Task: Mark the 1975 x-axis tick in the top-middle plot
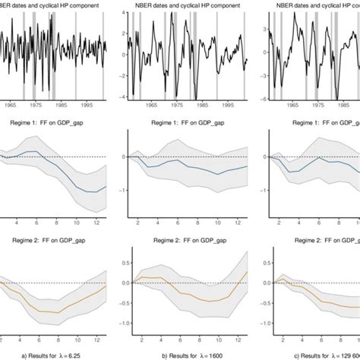[173, 106]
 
